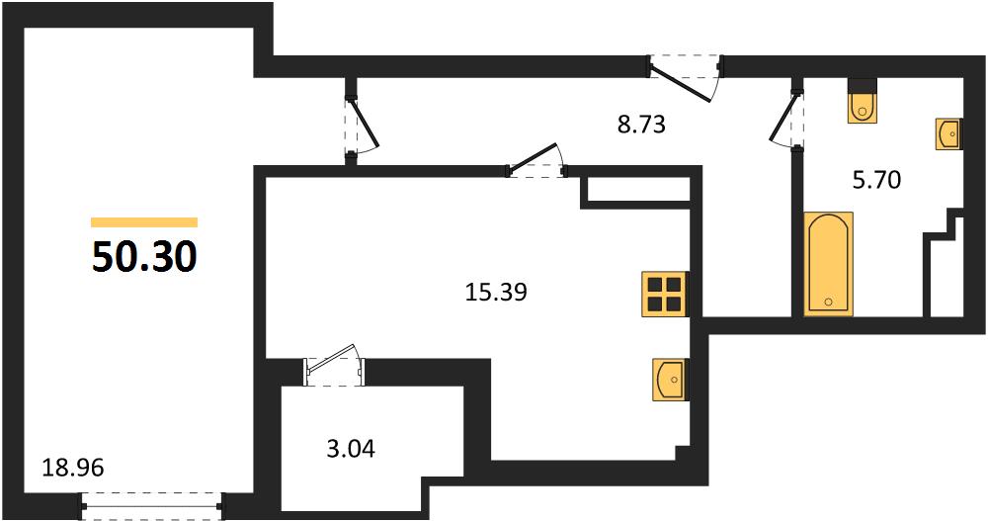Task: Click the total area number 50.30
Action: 144,257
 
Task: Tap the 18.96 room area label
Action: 72,468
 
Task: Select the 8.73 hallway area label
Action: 641,125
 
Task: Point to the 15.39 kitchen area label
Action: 496,292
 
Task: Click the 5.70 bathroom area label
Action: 876,180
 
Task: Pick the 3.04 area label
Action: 351,449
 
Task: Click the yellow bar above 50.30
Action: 144,222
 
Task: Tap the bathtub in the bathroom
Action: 829,264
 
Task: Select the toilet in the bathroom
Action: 863,107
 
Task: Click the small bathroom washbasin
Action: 948,133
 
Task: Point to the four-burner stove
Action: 664,294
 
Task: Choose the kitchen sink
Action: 670,380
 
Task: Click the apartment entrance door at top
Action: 686,77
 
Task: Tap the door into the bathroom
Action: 787,121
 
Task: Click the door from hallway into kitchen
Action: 536,161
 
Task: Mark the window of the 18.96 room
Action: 152,505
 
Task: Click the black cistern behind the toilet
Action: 863,85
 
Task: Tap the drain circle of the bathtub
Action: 829,302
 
